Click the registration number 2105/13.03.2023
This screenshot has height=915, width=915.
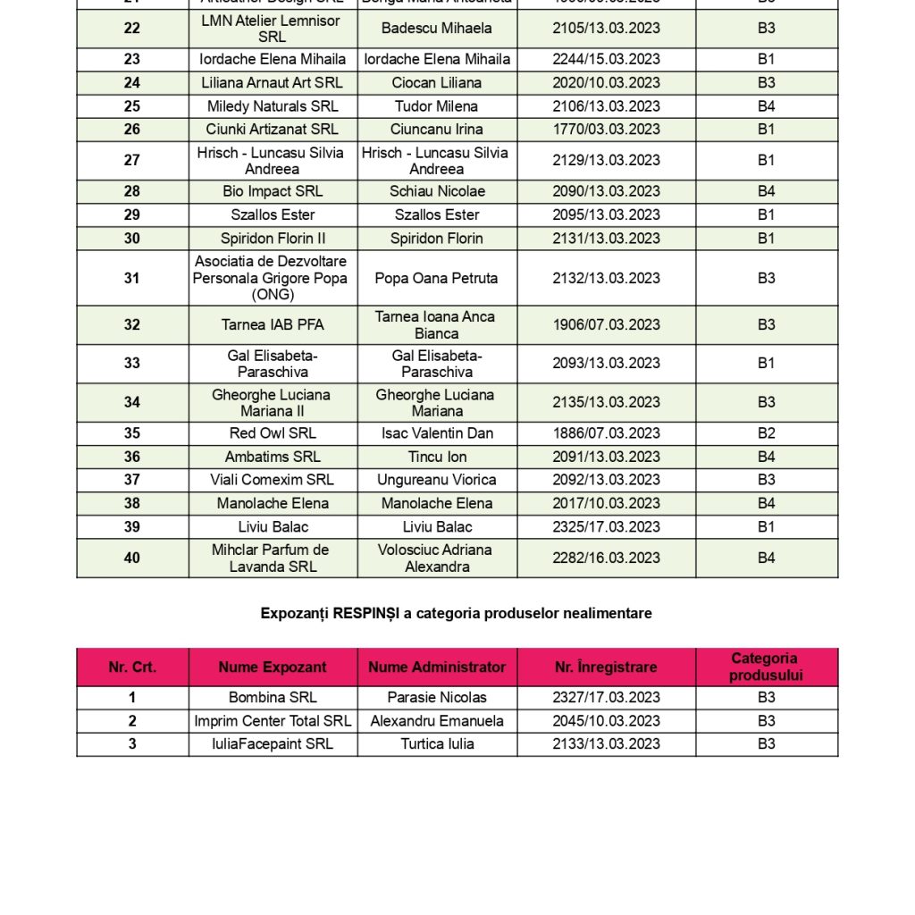coord(606,29)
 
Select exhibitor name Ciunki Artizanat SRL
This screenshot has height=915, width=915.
coord(273,130)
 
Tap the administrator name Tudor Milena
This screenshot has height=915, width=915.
coord(437,106)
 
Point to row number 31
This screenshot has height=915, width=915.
coord(132,279)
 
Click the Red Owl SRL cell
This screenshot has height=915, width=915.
coord(273,433)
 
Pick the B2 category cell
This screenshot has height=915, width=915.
coord(766,433)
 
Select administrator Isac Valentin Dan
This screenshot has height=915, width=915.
coord(437,433)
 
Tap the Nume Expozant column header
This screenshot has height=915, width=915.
coord(273,667)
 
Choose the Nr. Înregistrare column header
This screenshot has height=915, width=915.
coord(606,667)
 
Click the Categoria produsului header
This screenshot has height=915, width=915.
coord(766,667)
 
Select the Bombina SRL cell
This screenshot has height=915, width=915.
coord(273,698)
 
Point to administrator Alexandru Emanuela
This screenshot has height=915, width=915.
coord(437,721)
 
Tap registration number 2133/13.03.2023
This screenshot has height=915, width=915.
coord(606,744)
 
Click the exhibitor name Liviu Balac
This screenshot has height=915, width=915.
coord(273,527)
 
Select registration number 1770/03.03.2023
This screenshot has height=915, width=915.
coord(606,130)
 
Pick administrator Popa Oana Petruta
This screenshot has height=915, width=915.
coord(437,279)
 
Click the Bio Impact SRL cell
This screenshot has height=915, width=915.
coord(273,192)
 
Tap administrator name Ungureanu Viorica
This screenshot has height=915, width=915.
coord(437,480)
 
